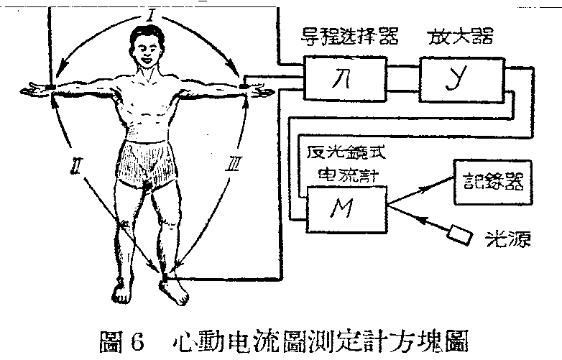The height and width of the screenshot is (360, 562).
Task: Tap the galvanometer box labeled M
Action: [x=346, y=208]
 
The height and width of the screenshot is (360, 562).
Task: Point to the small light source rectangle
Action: [x=459, y=234]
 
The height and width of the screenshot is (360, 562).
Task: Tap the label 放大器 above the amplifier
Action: [x=459, y=36]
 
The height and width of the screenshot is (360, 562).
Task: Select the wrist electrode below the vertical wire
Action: [x=52, y=88]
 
